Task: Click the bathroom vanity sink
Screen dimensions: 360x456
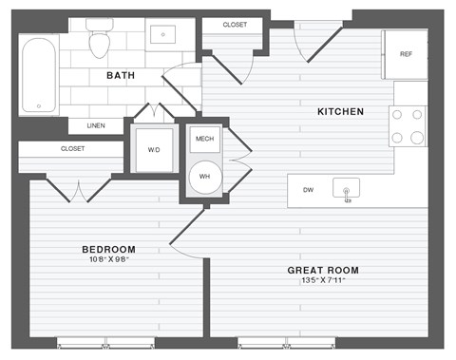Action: [165, 35]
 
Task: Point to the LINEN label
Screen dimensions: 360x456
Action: [96, 125]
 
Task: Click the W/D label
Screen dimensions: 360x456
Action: [153, 149]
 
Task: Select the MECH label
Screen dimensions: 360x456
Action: [204, 140]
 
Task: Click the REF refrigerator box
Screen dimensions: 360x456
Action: [406, 53]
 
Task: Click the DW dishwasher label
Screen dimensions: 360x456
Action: [309, 190]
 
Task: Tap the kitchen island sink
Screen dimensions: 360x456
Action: [347, 191]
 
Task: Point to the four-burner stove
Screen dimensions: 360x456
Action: [409, 125]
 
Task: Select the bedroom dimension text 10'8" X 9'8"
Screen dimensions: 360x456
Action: [107, 261]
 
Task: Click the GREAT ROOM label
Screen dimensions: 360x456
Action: [323, 270]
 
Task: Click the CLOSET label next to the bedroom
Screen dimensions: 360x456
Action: [72, 149]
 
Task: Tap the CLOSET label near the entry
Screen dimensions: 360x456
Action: [237, 25]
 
